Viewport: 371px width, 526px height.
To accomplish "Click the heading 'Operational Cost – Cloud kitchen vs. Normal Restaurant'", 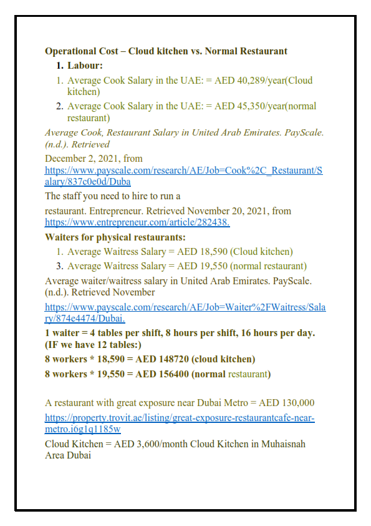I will pyautogui.click(x=166, y=51).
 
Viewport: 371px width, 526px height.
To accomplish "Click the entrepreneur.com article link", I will pyautogui.click(x=137, y=222).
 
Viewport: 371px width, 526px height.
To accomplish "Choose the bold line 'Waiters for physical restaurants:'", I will pyautogui.click(x=115, y=237).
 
